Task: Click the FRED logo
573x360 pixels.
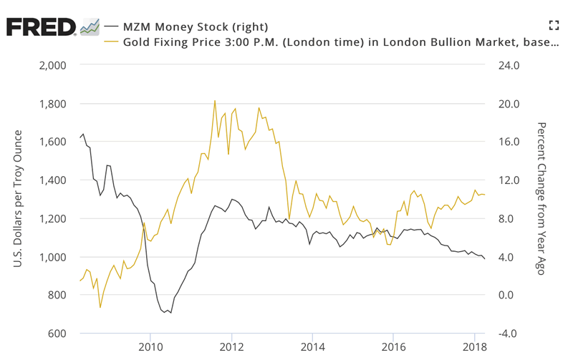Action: point(42,26)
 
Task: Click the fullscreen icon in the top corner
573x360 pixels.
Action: point(553,26)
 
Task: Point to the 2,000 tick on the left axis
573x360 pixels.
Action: point(50,66)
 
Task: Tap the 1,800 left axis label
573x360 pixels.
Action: point(50,104)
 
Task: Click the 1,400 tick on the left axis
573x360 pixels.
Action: point(50,180)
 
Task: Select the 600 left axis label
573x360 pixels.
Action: point(56,334)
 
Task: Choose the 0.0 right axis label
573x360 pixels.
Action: point(504,296)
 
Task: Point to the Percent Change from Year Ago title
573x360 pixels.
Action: point(541,200)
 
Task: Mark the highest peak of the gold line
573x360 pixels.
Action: point(215,101)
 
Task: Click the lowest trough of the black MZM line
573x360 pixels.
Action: point(171,313)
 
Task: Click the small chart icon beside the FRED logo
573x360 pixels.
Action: point(90,26)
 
